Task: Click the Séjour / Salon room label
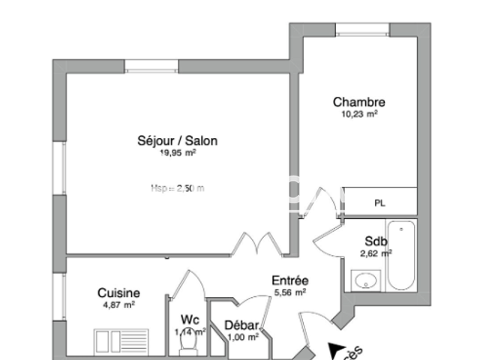click(178, 140)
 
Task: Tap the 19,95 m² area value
click(178, 152)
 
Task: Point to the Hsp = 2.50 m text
click(178, 188)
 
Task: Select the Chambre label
click(359, 103)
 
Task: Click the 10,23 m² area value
click(359, 115)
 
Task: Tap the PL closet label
click(380, 203)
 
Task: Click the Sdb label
click(376, 241)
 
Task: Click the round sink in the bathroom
click(367, 282)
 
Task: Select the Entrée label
click(289, 280)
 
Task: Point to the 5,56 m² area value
click(289, 292)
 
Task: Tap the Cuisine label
click(118, 293)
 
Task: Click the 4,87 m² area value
click(118, 305)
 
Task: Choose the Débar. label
click(242, 326)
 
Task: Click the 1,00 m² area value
click(242, 337)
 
